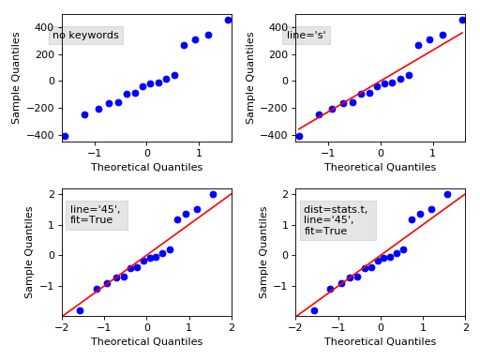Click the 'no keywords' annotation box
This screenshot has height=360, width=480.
[x=85, y=36]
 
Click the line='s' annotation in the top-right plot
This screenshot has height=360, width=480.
[x=307, y=36]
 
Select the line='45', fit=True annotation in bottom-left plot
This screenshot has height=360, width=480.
[x=95, y=215]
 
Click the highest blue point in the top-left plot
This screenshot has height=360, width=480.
[x=228, y=20]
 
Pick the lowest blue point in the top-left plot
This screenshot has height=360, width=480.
[x=65, y=136]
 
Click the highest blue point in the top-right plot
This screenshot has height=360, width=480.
[x=462, y=20]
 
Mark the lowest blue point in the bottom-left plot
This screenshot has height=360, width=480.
[x=80, y=310]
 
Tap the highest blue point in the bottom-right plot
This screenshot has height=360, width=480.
[x=447, y=195]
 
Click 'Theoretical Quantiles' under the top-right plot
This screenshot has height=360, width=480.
[x=380, y=167]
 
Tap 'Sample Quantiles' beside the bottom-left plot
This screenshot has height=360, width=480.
[x=30, y=252]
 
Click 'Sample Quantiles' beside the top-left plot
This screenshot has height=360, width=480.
[x=16, y=78]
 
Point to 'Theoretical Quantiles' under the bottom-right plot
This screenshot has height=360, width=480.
[x=380, y=342]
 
